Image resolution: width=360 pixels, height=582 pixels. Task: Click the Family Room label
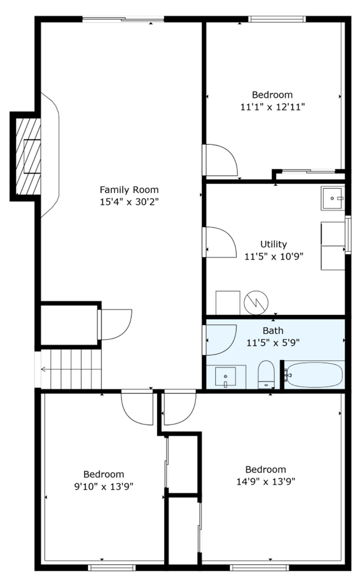pos(129,190)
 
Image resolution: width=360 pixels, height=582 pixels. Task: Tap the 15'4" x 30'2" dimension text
pos(129,202)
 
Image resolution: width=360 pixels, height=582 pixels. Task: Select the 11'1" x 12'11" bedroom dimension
pos(272,107)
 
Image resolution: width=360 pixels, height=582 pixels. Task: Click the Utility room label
pos(273,245)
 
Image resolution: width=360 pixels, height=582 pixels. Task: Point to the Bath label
pos(273,331)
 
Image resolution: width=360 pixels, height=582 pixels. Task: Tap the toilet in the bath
pos(266,375)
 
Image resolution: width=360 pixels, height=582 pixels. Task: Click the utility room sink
pos(333,198)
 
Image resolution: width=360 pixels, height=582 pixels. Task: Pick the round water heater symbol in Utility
pos(256,302)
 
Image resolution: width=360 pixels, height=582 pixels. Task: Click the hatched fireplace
pos(28,156)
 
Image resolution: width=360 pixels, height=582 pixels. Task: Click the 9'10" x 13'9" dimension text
pos(104,487)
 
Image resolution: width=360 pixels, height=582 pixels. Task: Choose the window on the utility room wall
pos(348,234)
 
